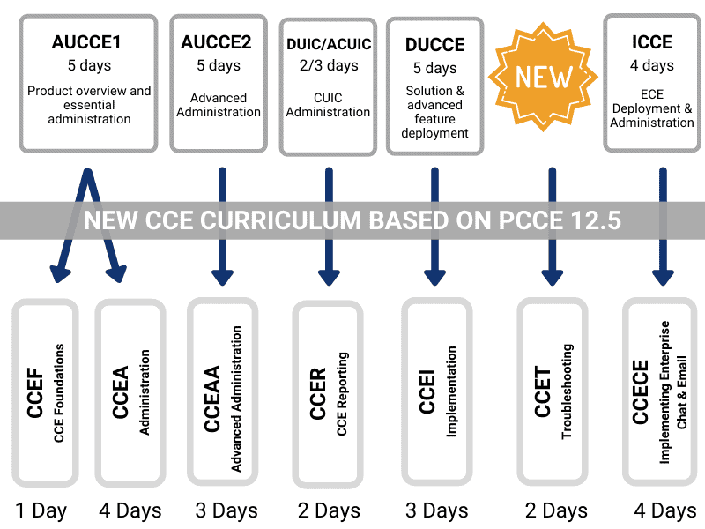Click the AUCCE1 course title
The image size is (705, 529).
coord(86,42)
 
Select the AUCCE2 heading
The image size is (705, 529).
coord(216,42)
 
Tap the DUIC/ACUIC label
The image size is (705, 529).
coord(329,44)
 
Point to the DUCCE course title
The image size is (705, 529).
coord(434,45)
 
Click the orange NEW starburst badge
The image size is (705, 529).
coord(543,77)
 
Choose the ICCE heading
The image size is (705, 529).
coord(652,42)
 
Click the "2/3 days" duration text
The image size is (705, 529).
coord(329,65)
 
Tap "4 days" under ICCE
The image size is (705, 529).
coord(652,65)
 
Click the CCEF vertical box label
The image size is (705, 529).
coord(35,392)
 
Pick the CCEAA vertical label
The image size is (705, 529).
coord(212,399)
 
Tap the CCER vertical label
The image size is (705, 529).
coord(317,394)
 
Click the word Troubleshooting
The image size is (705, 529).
coord(568,391)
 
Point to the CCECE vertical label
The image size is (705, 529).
coord(641,392)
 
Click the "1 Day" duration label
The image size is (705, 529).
coord(41,511)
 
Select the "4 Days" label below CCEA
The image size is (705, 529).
coord(130,511)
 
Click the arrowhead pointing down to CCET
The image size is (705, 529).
coord(553,278)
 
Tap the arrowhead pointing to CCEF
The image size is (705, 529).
coord(60,274)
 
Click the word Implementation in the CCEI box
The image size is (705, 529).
coord(451,391)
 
